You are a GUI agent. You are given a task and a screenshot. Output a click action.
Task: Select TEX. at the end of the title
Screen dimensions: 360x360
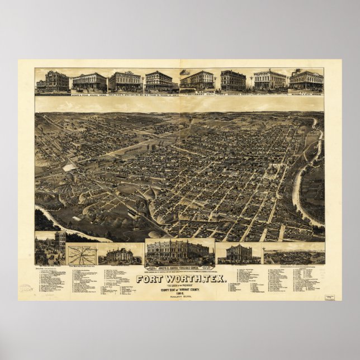[x=217, y=279]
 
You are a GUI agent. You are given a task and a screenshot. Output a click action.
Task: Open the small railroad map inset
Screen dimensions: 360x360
[x=82, y=255]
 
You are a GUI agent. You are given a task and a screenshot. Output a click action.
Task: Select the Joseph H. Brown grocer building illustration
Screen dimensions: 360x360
[x=179, y=251]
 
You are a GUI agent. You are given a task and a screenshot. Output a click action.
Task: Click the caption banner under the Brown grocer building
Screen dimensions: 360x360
[x=179, y=268]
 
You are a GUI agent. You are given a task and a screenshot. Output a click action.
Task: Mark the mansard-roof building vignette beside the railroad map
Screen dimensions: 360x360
[x=120, y=255]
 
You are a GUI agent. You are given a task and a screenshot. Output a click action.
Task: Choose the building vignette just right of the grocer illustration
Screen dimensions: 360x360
[x=239, y=253]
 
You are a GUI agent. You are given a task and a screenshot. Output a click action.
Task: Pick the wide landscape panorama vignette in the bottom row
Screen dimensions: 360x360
[x=293, y=255]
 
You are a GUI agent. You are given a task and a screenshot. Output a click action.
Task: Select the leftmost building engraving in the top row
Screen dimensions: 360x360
[x=52, y=82]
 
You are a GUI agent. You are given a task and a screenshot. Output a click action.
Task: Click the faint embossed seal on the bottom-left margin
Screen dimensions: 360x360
[x=26, y=288]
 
